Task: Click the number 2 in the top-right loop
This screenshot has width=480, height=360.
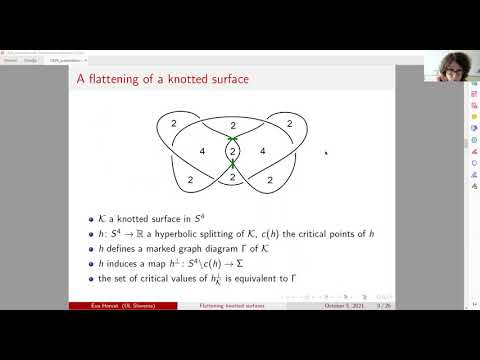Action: (289, 122)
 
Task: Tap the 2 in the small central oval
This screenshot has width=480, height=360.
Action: (232, 152)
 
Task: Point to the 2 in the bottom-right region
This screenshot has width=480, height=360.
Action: (276, 180)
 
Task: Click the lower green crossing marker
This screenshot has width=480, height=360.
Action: (232, 167)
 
